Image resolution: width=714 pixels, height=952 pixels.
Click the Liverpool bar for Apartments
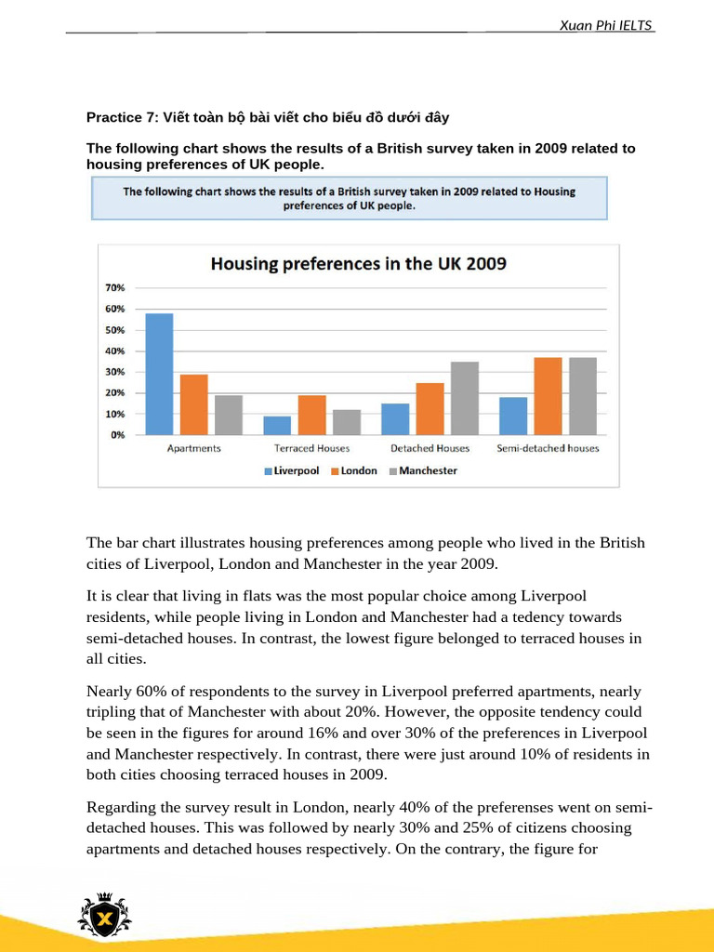(159, 374)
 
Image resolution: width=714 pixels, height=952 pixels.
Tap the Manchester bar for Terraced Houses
(347, 422)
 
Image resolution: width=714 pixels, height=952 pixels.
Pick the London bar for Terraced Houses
(311, 415)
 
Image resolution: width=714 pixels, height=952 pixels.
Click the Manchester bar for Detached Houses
(465, 398)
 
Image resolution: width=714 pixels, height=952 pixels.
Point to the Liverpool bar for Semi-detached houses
(512, 416)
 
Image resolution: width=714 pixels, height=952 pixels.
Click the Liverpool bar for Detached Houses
(394, 419)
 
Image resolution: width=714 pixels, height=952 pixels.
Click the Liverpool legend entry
(292, 471)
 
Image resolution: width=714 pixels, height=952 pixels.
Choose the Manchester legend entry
(423, 471)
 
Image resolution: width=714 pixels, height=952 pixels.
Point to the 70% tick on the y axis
(115, 288)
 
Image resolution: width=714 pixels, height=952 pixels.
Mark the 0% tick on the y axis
(117, 435)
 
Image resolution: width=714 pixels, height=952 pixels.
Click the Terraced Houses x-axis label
(311, 448)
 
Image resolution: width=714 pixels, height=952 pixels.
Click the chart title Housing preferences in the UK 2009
(358, 264)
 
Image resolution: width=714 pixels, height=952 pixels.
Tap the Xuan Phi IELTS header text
(606, 25)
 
